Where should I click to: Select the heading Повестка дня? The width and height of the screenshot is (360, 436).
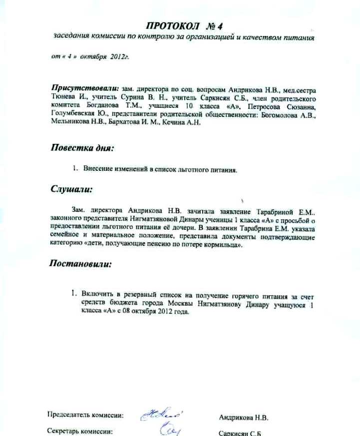(83, 148)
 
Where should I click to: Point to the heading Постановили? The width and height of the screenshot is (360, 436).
(80, 263)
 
